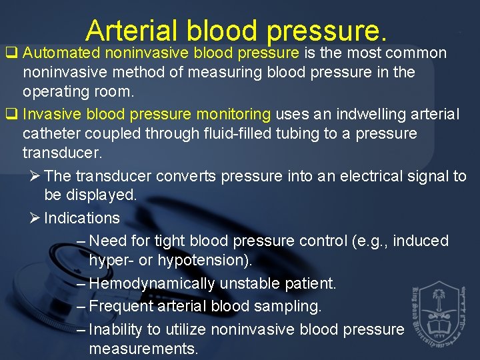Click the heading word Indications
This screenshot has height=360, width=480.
[x=82, y=218]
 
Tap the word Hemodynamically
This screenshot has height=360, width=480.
[x=151, y=283]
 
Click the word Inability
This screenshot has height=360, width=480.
[x=115, y=329]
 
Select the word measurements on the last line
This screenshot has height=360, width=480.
[x=143, y=349]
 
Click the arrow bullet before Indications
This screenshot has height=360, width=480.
[x=35, y=218]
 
